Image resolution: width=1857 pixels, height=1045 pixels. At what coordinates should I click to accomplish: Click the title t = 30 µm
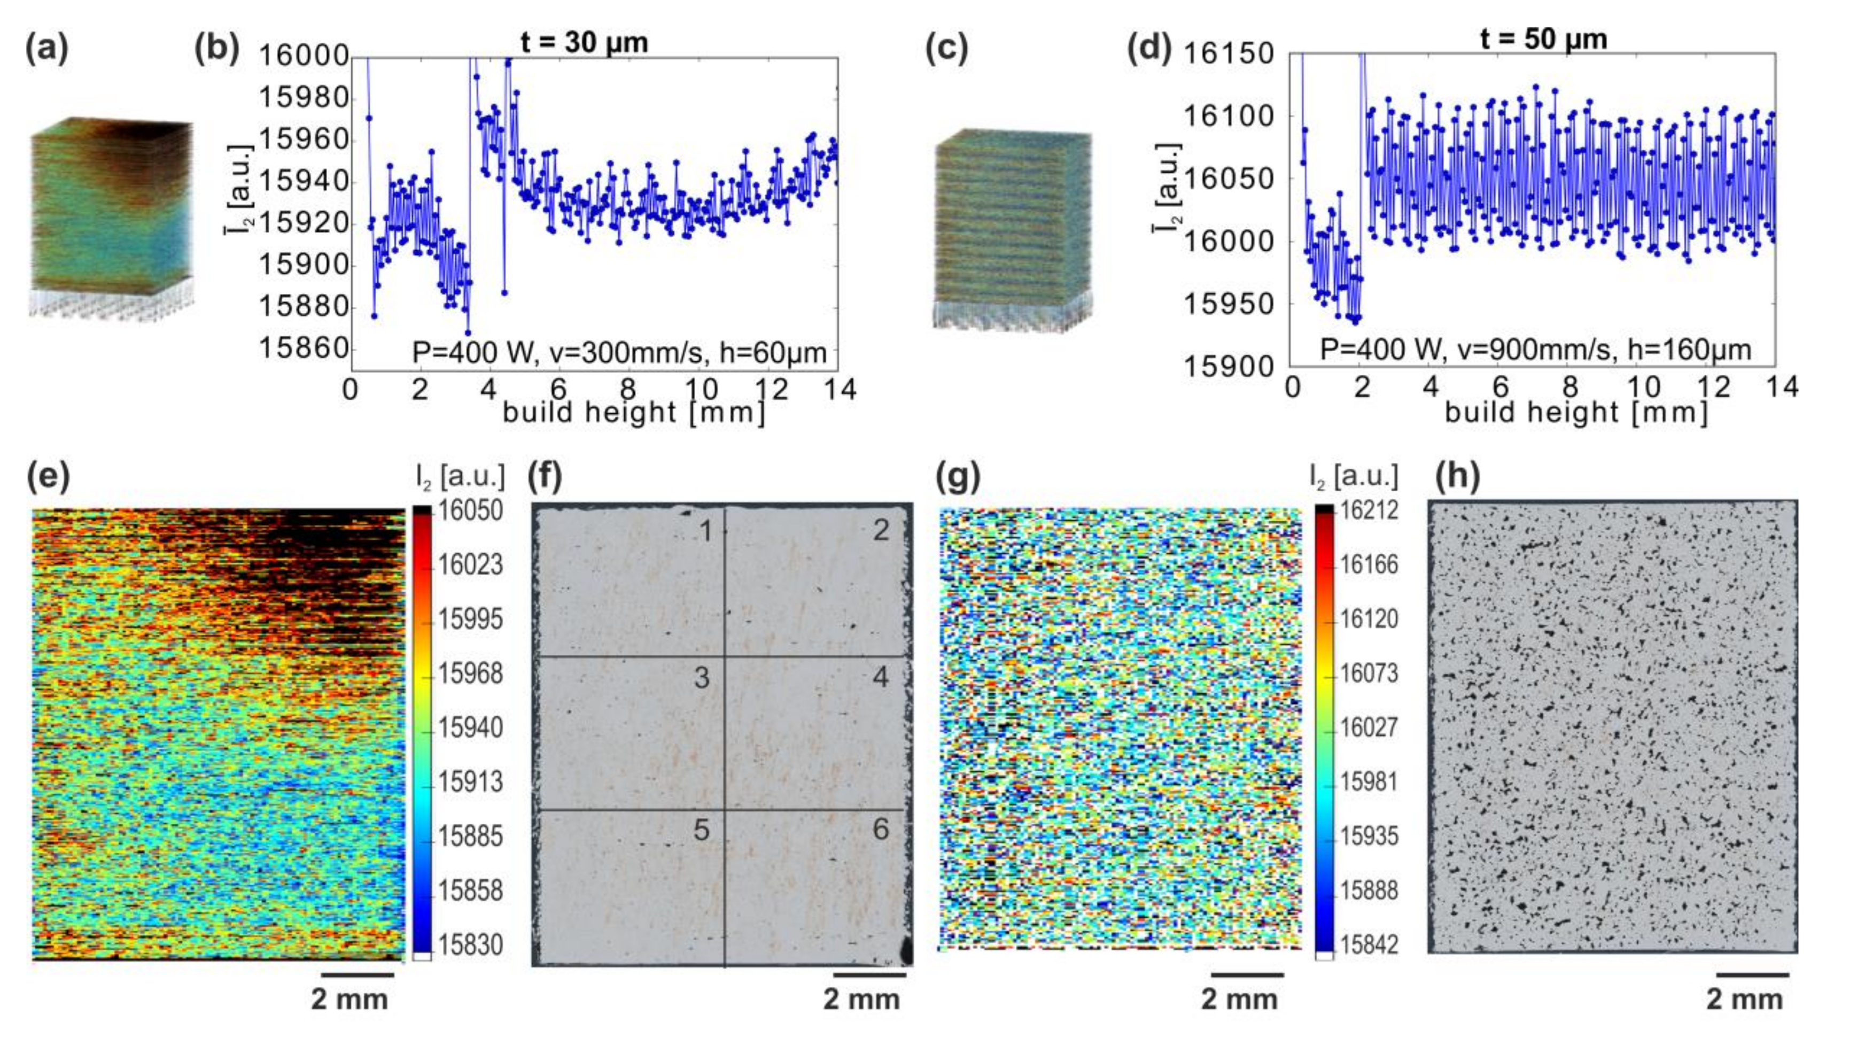[x=584, y=42]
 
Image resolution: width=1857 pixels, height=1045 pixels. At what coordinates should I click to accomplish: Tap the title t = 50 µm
[x=1543, y=38]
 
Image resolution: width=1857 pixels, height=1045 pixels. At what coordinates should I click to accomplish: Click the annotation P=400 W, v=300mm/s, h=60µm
[x=618, y=353]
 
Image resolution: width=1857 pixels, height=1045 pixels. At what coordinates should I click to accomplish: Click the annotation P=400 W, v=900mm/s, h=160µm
[x=1535, y=350]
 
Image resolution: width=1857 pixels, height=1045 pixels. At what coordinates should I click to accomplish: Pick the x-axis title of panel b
[x=633, y=413]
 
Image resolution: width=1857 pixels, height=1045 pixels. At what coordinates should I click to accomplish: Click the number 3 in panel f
[x=702, y=678]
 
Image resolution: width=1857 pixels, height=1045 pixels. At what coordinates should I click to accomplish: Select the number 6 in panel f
[x=880, y=830]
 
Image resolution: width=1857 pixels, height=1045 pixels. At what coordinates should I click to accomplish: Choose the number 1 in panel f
[x=706, y=531]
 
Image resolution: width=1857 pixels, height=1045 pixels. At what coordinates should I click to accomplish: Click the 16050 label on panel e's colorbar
[x=471, y=510]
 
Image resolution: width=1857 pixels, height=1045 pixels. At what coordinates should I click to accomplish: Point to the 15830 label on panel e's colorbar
[x=471, y=945]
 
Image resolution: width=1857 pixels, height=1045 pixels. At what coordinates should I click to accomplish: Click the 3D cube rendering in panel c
[x=1013, y=231]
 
